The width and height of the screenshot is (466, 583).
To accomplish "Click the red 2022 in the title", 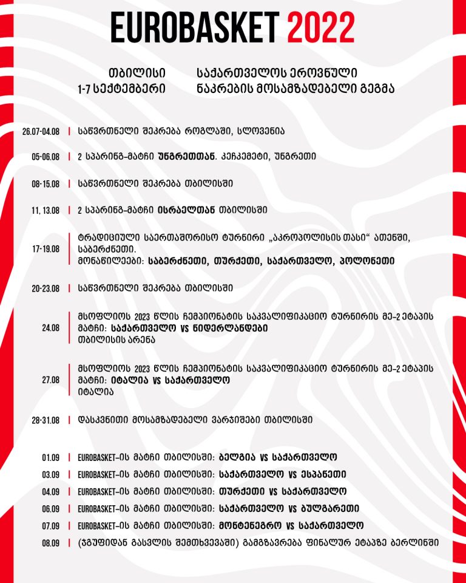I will tap(321, 27).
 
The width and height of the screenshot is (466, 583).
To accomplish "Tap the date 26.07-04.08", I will tap(41, 131).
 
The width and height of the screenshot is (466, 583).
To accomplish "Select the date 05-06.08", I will tap(46, 157).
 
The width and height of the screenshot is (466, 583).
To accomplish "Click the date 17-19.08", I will tap(46, 248).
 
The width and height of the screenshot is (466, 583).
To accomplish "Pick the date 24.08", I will tap(50, 328).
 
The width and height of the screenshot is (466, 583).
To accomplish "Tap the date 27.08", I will tap(50, 380).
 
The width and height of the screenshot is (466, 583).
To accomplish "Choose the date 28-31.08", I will tap(46, 420).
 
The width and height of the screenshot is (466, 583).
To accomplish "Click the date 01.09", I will tap(50, 457).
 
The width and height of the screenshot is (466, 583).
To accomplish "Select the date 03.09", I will tap(50, 474).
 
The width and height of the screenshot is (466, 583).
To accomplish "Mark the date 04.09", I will tap(50, 491).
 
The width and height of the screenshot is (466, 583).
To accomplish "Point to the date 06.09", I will tap(50, 509).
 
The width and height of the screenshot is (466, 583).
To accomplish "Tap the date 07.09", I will tap(50, 526).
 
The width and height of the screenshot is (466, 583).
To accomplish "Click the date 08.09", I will tap(50, 543).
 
